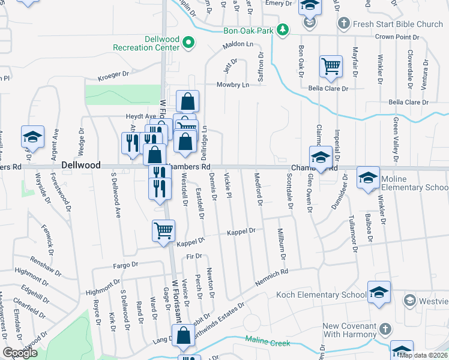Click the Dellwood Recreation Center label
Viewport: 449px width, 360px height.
[146, 43]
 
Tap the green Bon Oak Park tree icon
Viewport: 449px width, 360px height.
[282, 30]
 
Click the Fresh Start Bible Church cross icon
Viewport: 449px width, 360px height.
[343, 25]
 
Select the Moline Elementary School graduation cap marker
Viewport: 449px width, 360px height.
[368, 178]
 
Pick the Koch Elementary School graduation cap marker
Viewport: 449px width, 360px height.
[379, 292]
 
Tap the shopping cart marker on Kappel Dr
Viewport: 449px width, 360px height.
[163, 231]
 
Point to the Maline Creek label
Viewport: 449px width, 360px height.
[267, 343]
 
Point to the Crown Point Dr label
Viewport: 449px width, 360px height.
[397, 37]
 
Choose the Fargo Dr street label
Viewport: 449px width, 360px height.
[126, 265]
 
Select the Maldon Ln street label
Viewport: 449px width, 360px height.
[238, 45]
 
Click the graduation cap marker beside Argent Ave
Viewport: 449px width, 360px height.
[32, 137]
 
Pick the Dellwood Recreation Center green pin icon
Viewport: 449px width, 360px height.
[188, 43]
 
